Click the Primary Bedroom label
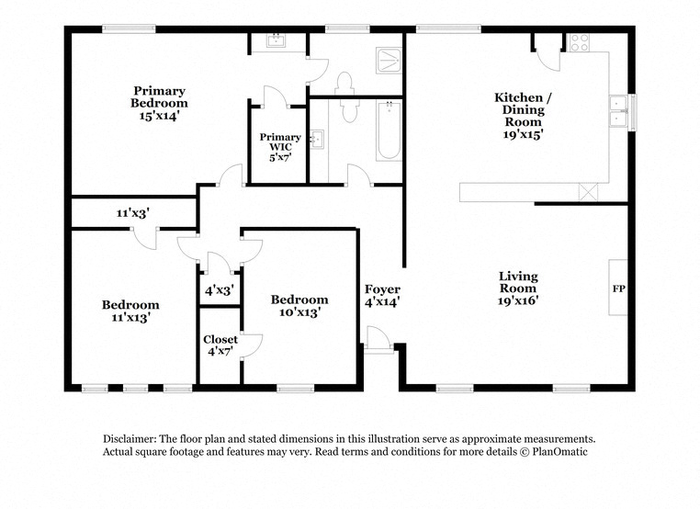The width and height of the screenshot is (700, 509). tap(159, 103)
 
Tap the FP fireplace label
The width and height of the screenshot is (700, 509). tap(619, 288)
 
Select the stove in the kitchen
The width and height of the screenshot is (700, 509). tap(580, 43)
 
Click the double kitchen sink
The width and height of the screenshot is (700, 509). tap(619, 111)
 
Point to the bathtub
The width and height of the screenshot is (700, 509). tap(389, 130)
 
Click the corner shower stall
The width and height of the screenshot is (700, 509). tap(390, 61)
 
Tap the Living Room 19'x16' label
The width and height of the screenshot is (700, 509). tap(518, 288)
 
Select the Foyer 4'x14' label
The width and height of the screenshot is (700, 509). tap(382, 296)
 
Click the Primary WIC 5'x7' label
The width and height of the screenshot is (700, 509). tap(280, 147)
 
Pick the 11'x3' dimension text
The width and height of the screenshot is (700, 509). tap(132, 213)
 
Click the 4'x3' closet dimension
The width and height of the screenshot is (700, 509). tap(220, 290)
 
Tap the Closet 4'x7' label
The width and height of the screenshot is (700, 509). tap(220, 345)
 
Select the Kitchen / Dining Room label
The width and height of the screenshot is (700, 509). tap(524, 116)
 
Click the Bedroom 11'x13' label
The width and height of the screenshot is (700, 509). tap(130, 311)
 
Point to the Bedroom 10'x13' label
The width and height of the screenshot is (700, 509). tap(299, 305)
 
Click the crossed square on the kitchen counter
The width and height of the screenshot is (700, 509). tap(588, 192)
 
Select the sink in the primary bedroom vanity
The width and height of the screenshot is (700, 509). tap(277, 40)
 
